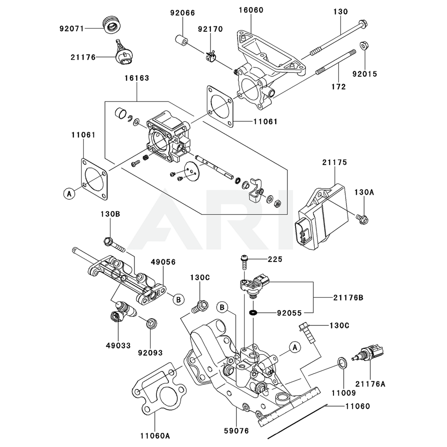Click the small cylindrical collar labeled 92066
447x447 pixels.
click(181, 39)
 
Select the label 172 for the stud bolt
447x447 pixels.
click(339, 87)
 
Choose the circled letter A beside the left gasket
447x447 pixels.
click(68, 194)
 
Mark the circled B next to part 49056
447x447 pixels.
click(178, 299)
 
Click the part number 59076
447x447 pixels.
click(236, 431)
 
